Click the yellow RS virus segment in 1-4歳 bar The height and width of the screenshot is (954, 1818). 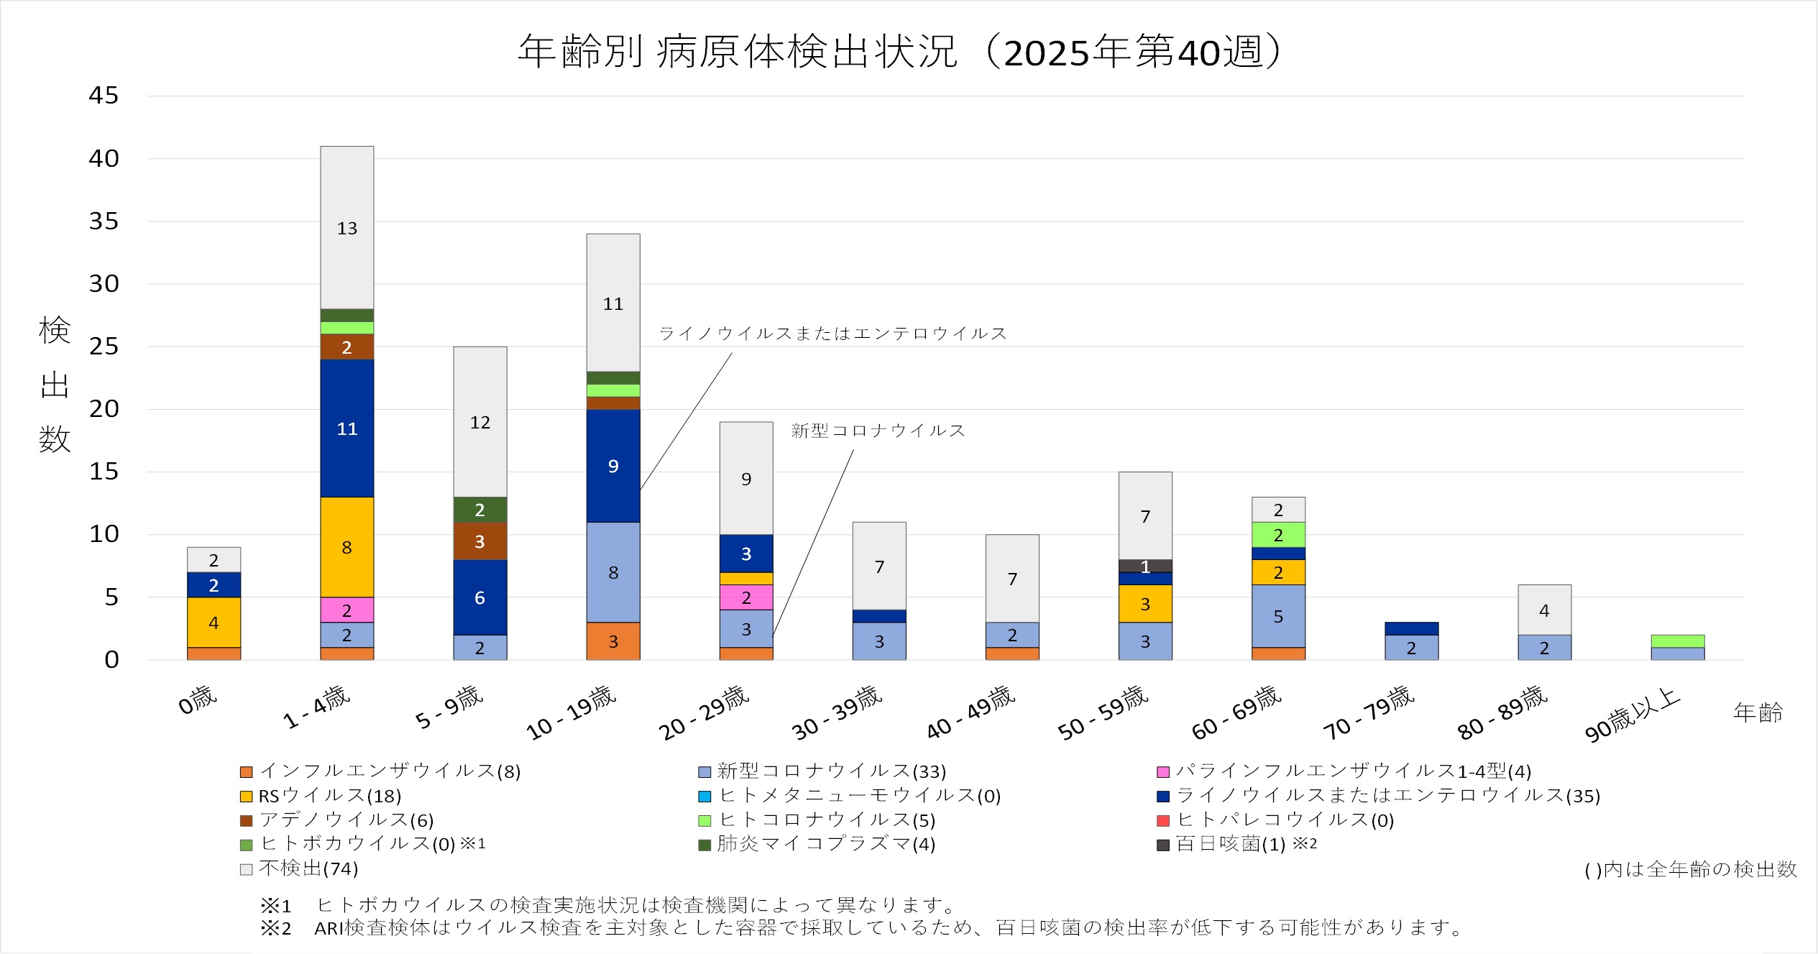tap(346, 547)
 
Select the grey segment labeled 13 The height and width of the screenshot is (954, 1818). tap(346, 228)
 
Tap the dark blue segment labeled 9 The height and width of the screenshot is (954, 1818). tap(612, 466)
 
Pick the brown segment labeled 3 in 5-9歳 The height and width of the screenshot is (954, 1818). tap(479, 541)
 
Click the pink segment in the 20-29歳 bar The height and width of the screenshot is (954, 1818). tap(745, 597)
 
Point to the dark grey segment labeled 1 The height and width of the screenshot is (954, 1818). tap(1145, 566)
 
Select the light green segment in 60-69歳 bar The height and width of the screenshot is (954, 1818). tap(1278, 535)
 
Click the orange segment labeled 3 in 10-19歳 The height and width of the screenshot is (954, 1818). tap(612, 641)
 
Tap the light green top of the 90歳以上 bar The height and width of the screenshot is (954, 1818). tap(1677, 641)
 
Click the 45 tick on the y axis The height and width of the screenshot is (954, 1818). tap(104, 96)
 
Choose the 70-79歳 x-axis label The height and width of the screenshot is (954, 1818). tap(1369, 712)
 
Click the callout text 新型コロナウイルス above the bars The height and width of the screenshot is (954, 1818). tap(878, 431)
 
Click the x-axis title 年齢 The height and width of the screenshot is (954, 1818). tap(1758, 712)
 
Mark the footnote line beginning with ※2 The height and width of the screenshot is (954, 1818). tap(863, 928)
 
